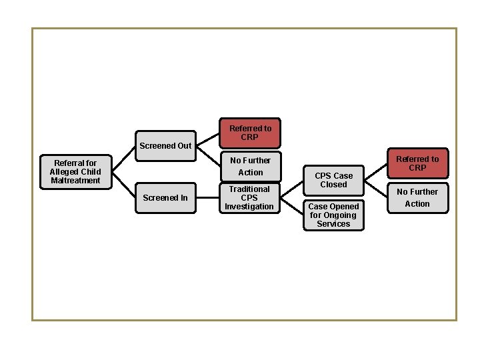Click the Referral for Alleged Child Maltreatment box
pos(75,171)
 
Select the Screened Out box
pos(166,145)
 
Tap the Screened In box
pos(165,198)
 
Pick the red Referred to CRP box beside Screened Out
pos(250,133)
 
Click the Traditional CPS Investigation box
pos(249,198)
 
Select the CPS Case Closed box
pos(333,180)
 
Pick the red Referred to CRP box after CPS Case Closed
pos(417,164)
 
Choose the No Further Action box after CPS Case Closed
pos(417,198)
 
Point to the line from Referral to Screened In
pos(123,186)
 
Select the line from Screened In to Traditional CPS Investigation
pos(207,198)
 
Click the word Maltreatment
pos(75,181)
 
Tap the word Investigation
pos(249,207)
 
